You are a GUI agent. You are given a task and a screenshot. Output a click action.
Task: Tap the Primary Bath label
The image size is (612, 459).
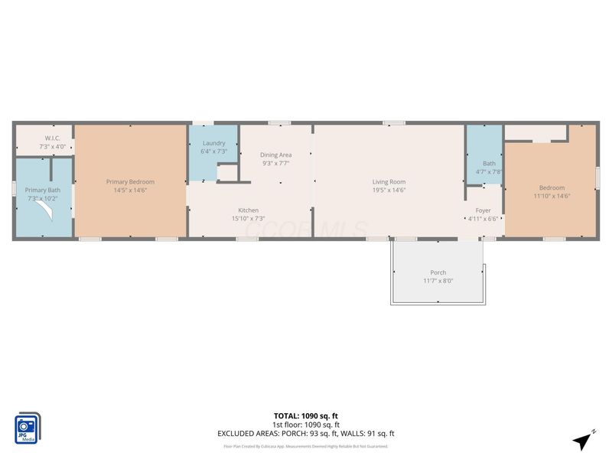pyautogui.click(x=42, y=190)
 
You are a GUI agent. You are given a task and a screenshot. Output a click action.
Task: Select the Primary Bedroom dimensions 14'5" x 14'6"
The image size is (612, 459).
pyautogui.click(x=130, y=190)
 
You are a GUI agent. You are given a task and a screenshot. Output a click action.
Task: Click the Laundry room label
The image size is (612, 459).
pyautogui.click(x=213, y=143)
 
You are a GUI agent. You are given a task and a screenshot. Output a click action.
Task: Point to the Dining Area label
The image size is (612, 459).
pyautogui.click(x=275, y=155)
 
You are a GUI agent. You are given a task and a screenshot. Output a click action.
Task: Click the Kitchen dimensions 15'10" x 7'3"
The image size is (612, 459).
pyautogui.click(x=248, y=218)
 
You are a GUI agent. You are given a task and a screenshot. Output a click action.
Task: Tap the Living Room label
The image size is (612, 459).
pyautogui.click(x=389, y=182)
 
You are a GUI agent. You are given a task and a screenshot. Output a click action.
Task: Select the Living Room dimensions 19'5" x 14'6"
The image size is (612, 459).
pyautogui.click(x=389, y=190)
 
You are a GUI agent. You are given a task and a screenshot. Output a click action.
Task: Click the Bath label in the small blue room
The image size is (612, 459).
pyautogui.click(x=489, y=163)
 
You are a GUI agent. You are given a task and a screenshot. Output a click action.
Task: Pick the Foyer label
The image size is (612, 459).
pyautogui.click(x=483, y=210)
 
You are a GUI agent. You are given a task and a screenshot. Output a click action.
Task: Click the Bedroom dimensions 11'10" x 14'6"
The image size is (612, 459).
pyautogui.click(x=552, y=196)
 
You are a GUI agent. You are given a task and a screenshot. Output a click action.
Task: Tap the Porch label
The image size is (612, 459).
pyautogui.click(x=438, y=272)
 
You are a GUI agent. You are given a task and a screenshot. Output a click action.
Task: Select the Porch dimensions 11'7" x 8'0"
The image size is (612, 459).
pyautogui.click(x=438, y=281)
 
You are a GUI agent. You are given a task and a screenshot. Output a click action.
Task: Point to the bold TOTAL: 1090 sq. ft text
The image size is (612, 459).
pyautogui.click(x=306, y=416)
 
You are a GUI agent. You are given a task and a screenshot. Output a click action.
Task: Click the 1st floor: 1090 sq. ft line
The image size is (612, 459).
pyautogui.click(x=306, y=425)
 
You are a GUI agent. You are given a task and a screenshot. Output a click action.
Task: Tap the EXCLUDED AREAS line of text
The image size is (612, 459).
pyautogui.click(x=306, y=434)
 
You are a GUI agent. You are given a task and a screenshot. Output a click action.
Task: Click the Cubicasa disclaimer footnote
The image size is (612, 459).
pyautogui.click(x=306, y=446)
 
